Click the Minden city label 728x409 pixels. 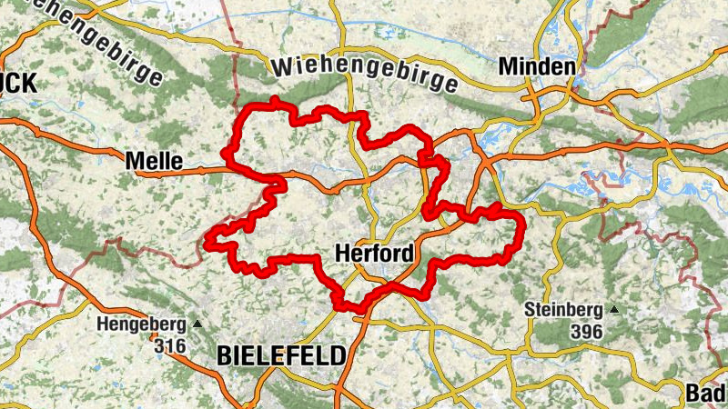[x=537, y=67]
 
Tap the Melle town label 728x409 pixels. [x=153, y=161]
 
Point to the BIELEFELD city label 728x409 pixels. [x=281, y=355]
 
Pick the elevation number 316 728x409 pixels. [x=170, y=345]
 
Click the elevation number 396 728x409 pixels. [x=587, y=332]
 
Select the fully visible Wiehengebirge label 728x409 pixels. [x=363, y=75]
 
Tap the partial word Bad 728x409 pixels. [x=708, y=393]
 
